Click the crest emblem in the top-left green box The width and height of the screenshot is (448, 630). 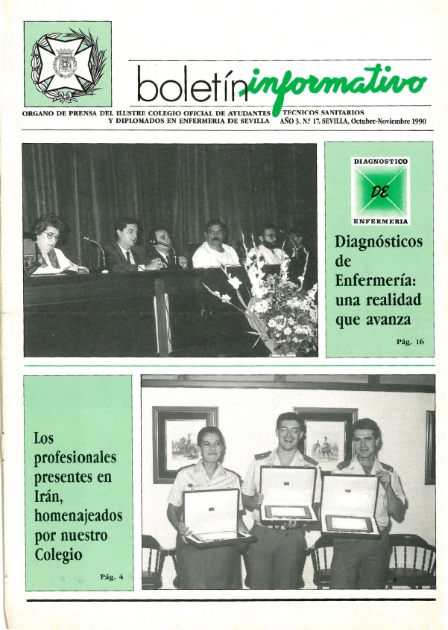point(68,64)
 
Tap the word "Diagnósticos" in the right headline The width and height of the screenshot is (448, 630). point(378,243)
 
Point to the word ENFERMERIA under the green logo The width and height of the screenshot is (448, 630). point(381,221)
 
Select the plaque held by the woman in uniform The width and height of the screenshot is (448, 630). point(211,515)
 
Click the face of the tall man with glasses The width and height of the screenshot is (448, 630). point(290,431)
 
